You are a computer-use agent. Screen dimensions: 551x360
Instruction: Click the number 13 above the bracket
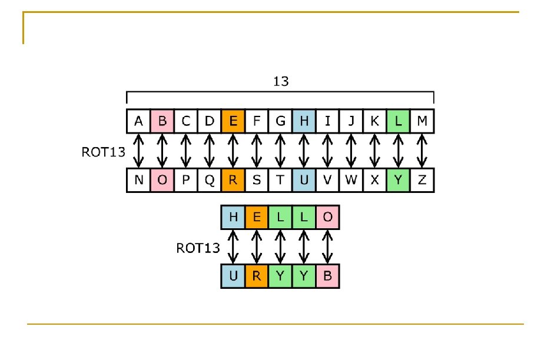point(281,81)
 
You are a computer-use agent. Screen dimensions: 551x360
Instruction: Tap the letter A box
point(139,121)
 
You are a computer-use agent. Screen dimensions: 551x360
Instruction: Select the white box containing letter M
point(422,121)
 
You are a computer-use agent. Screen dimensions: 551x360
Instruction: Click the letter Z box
point(422,181)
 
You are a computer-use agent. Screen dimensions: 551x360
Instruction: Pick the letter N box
point(139,181)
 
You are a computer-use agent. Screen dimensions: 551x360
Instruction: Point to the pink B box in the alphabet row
point(162,121)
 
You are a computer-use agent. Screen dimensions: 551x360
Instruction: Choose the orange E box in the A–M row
point(233,121)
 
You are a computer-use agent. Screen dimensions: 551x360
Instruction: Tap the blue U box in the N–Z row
point(304,181)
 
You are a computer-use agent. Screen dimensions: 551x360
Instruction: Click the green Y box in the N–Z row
point(399,181)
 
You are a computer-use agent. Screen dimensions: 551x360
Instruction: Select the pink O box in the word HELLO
point(328,218)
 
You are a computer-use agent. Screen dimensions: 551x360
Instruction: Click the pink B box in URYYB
point(328,276)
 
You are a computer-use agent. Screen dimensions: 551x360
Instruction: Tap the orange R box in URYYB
point(257,276)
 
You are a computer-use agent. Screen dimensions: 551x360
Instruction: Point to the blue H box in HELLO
point(233,218)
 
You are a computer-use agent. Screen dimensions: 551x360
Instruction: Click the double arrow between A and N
point(139,151)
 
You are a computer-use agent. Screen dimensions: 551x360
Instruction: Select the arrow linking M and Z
point(422,151)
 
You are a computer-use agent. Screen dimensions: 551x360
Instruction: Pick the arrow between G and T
point(280,151)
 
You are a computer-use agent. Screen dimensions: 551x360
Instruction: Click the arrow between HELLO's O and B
point(328,246)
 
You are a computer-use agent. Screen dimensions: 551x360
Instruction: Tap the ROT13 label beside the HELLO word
point(198,248)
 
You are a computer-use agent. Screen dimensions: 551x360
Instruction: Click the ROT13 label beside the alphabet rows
point(103,152)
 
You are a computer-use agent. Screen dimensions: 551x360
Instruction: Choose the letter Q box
point(210,181)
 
